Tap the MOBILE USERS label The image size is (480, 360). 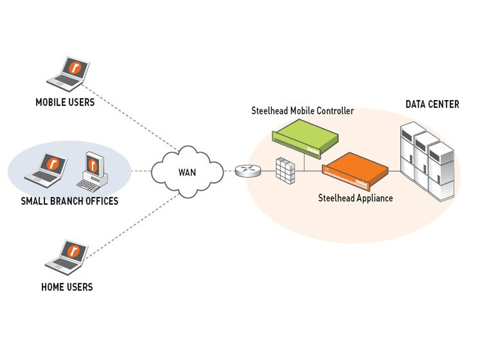pyautogui.click(x=65, y=103)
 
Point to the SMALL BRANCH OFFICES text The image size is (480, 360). pyautogui.click(x=70, y=201)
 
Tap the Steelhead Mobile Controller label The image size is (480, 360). pyautogui.click(x=302, y=111)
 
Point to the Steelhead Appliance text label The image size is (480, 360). pyautogui.click(x=355, y=198)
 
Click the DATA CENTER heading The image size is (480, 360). pyautogui.click(x=432, y=104)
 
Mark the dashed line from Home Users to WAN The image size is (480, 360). pyautogui.click(x=135, y=219)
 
